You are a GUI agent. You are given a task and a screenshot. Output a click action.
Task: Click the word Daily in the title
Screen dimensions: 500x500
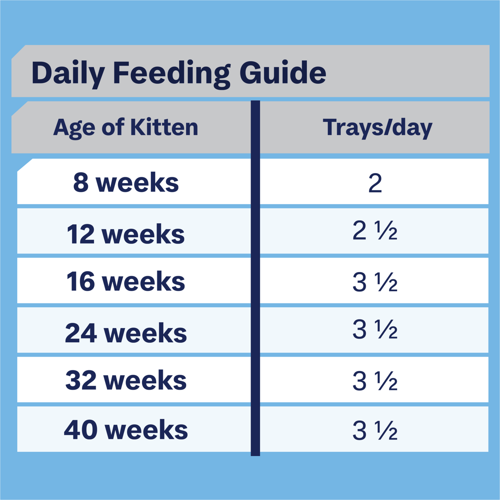68,73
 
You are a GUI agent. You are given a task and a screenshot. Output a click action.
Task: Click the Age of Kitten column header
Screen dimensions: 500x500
126,127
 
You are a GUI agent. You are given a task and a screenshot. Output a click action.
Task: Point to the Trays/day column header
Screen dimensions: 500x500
378,128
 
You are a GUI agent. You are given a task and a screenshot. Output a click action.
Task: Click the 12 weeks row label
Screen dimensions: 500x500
126,234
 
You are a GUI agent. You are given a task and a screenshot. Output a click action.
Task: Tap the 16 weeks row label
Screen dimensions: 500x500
126,281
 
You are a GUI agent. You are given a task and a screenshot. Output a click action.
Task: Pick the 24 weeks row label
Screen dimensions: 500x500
126,333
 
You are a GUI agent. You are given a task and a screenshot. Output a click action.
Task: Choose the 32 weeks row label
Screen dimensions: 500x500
126,380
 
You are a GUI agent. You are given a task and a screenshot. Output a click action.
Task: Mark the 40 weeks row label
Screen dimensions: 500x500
126,430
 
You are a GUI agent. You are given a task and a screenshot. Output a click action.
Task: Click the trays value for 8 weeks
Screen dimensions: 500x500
375,183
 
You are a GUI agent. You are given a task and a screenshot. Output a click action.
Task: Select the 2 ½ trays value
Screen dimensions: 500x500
375,231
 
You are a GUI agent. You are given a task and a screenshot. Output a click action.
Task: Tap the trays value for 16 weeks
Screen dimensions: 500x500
375,282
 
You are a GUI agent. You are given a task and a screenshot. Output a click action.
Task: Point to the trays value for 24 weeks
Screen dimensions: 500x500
375,329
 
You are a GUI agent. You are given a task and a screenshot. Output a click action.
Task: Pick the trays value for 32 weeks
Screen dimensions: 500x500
375,381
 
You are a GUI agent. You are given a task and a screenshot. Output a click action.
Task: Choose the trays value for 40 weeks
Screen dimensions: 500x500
375,430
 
